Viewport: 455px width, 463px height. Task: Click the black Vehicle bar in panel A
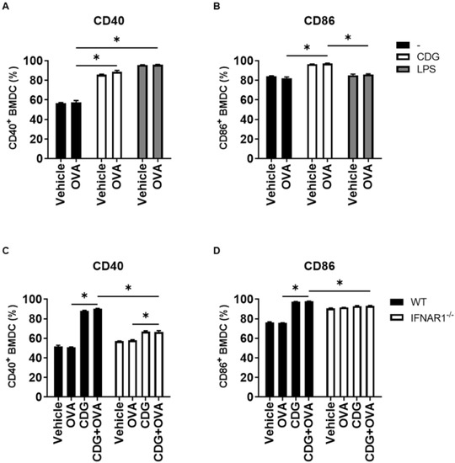61,130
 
